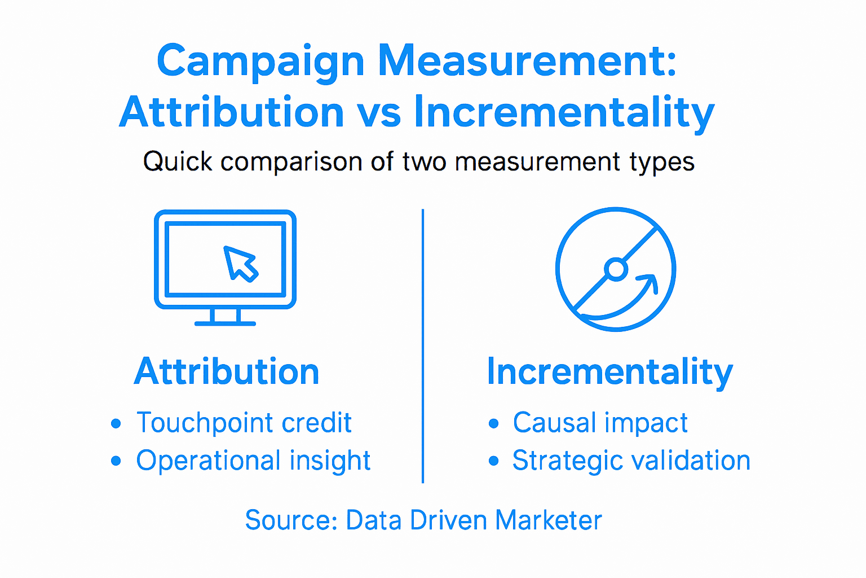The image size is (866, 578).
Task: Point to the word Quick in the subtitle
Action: pyautogui.click(x=178, y=161)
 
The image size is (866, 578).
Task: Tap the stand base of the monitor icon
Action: pyautogui.click(x=225, y=323)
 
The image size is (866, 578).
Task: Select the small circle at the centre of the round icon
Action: pyautogui.click(x=616, y=269)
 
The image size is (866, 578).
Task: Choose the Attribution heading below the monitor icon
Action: pyautogui.click(x=227, y=371)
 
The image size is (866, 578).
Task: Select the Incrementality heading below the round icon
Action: pyautogui.click(x=609, y=372)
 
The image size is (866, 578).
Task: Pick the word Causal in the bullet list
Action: pyautogui.click(x=554, y=423)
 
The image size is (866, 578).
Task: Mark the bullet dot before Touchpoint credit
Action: pyautogui.click(x=116, y=423)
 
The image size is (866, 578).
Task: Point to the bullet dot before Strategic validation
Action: pyautogui.click(x=494, y=461)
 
